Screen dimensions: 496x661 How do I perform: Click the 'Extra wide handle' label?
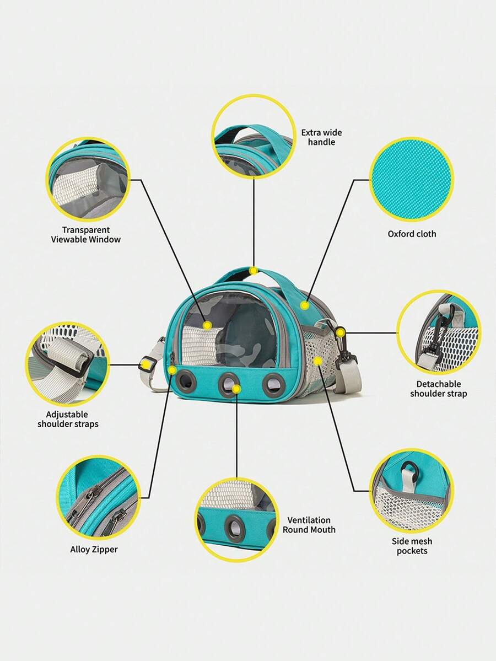click(321, 137)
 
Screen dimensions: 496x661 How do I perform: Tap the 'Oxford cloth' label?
click(412, 234)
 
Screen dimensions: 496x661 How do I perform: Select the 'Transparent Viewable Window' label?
click(86, 235)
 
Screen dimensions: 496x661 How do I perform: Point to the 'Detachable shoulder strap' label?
click(438, 389)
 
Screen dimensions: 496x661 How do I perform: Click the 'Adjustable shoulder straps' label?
click(68, 419)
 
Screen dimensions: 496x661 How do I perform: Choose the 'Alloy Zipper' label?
click(94, 549)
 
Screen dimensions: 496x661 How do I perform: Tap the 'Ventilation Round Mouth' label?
click(309, 525)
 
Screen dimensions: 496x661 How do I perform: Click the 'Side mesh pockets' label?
click(412, 546)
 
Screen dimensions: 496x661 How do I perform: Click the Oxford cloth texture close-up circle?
click(412, 179)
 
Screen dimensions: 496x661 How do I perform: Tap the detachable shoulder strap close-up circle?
click(438, 332)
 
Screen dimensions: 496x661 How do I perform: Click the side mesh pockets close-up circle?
click(412, 491)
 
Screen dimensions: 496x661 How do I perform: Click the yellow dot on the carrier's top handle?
click(254, 271)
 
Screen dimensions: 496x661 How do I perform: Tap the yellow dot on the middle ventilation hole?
click(236, 389)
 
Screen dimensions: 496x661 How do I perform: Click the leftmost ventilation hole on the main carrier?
click(186, 382)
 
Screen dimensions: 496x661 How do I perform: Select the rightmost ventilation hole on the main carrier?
click(273, 384)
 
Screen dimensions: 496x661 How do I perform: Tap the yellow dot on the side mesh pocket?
click(318, 361)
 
